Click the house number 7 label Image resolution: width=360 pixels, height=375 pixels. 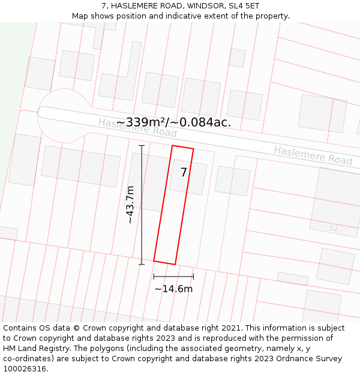(x=184, y=173)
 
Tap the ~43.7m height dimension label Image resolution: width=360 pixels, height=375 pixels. (x=130, y=205)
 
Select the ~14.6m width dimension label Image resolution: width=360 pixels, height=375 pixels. (x=173, y=289)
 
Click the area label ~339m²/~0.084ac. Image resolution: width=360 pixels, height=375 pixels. (x=173, y=122)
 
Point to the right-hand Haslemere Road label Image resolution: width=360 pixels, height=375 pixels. (x=313, y=155)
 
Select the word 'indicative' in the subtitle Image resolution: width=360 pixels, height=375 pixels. (x=179, y=16)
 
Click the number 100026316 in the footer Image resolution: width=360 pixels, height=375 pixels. (x=25, y=368)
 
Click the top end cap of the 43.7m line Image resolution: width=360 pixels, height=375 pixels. (x=142, y=145)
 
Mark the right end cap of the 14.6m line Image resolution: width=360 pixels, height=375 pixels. (x=193, y=277)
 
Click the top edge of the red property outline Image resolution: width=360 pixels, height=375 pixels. (x=183, y=147)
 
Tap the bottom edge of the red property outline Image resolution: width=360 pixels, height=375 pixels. (x=164, y=263)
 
